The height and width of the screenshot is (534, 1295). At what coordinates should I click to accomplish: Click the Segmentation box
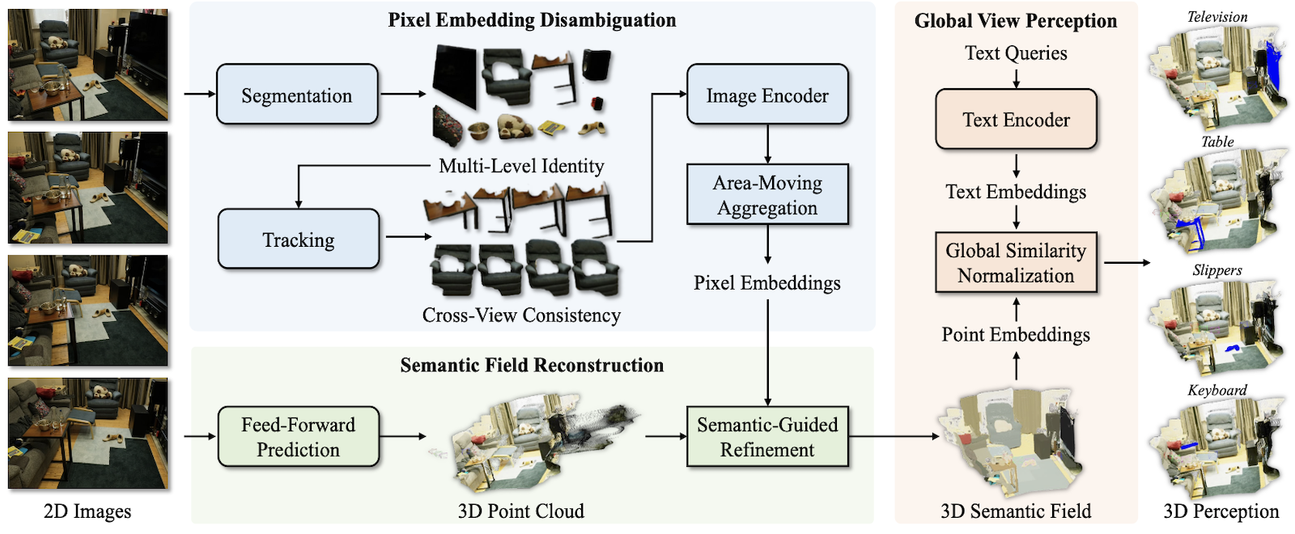pos(297,95)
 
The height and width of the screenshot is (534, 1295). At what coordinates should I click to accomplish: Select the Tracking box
pos(298,239)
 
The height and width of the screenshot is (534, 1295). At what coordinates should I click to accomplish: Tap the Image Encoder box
pos(767,95)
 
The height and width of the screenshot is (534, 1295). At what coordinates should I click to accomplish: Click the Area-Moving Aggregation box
pos(767,195)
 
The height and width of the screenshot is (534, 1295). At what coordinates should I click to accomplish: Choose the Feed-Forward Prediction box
pos(298,437)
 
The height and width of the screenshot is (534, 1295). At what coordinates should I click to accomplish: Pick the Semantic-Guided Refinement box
pos(767,437)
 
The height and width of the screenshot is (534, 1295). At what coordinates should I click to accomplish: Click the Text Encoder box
pos(1016,120)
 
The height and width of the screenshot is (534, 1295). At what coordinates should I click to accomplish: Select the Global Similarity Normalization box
pos(1016,263)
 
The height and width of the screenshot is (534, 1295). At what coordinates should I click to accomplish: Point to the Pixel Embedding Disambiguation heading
pos(532,20)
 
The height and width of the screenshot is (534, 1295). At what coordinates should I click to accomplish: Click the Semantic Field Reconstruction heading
pos(532,365)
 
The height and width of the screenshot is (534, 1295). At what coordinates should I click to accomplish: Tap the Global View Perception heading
pos(1016,21)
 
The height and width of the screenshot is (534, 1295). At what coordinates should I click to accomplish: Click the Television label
pos(1217,16)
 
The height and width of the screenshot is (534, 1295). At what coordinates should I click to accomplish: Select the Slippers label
pos(1217,270)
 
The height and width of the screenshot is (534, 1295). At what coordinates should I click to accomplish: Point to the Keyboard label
pos(1217,390)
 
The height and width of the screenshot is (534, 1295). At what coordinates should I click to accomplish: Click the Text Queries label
pos(1016,53)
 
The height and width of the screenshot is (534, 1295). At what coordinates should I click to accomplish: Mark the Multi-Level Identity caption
pos(521,166)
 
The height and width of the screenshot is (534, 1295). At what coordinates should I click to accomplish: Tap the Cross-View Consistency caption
pos(521,315)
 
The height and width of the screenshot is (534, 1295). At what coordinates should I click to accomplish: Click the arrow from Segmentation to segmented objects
pos(402,95)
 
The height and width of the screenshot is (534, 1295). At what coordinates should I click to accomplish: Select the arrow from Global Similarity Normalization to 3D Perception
pos(1126,262)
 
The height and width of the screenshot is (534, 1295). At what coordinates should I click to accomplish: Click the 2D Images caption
pos(87,511)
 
